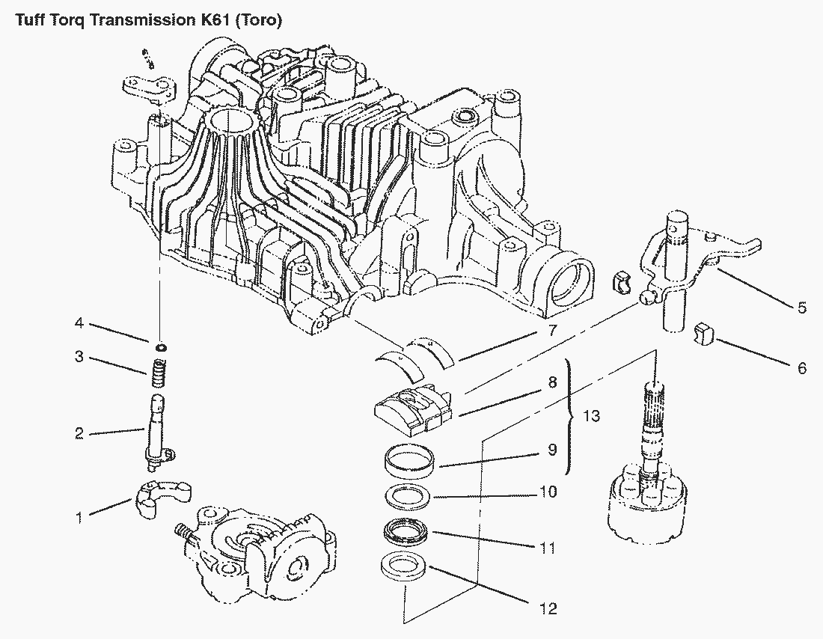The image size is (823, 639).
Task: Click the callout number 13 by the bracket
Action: pyautogui.click(x=591, y=416)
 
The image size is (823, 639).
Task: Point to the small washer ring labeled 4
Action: pyautogui.click(x=159, y=346)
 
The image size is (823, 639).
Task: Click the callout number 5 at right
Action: pyautogui.click(x=802, y=308)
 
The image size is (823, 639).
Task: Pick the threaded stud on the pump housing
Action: pyautogui.click(x=183, y=533)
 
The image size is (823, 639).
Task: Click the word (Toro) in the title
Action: pyautogui.click(x=258, y=21)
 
